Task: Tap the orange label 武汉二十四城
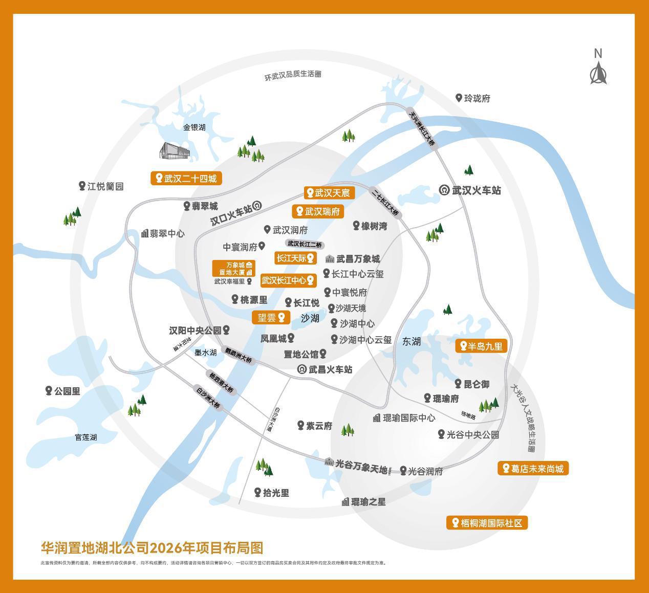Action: point(187,178)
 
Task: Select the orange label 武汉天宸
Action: point(329,193)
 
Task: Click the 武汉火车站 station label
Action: point(470,190)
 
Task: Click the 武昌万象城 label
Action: point(353,259)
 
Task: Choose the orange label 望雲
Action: point(271,317)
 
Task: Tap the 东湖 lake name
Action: point(411,341)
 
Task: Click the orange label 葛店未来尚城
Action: point(533,468)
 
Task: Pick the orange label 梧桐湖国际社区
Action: point(487,523)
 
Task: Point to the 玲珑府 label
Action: point(473,98)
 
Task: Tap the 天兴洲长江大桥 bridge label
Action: point(422,128)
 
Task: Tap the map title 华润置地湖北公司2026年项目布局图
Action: point(152,548)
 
